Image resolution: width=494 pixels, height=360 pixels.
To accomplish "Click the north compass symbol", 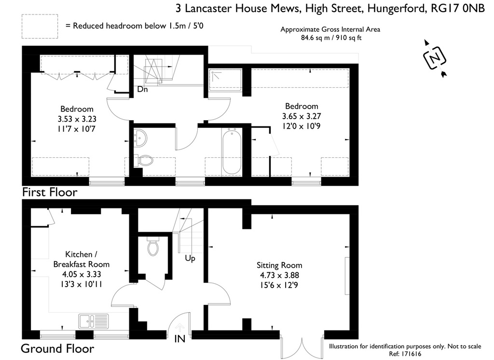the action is [x=435, y=58].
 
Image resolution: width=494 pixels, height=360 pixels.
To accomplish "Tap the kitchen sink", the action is [x=93, y=321].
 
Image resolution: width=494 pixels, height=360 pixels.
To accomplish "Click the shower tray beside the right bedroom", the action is [x=226, y=79].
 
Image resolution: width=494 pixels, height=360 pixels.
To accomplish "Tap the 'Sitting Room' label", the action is [x=279, y=265].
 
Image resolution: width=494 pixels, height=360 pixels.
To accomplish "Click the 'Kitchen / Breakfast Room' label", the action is [x=81, y=259].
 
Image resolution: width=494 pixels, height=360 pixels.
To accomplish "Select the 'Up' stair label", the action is [x=190, y=259].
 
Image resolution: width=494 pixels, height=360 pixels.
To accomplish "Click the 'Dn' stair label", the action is [x=142, y=89].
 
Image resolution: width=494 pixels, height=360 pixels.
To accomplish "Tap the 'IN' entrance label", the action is [x=179, y=339].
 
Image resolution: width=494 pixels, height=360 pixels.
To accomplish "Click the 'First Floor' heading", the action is [x=50, y=192].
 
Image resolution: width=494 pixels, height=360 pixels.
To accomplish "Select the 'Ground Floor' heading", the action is [x=57, y=348].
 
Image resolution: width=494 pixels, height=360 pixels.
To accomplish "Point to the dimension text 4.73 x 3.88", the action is [x=279, y=275].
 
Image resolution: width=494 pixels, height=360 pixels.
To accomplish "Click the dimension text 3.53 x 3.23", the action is [x=77, y=119].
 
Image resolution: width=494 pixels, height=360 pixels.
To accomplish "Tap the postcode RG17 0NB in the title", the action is [x=457, y=8].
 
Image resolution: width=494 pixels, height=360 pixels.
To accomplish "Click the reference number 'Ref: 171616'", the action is [x=405, y=354].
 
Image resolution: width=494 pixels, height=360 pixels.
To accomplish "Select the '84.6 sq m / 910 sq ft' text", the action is [x=331, y=38].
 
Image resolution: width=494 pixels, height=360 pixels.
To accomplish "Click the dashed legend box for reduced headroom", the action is [x=40, y=27].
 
